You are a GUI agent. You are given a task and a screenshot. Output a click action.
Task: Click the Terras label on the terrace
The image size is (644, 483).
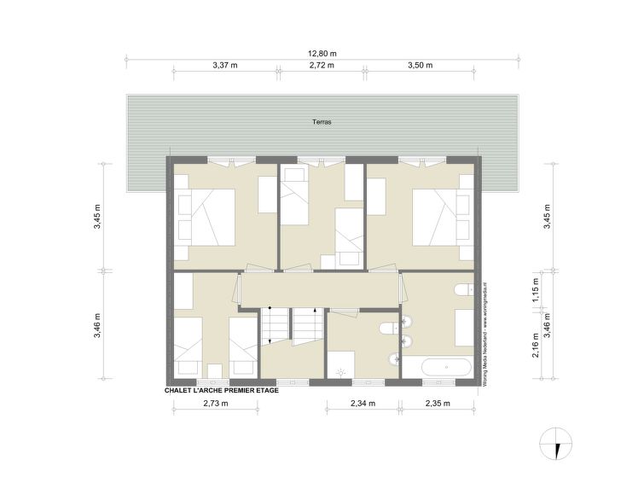322,122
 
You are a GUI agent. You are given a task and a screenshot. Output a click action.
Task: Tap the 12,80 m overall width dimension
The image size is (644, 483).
322,54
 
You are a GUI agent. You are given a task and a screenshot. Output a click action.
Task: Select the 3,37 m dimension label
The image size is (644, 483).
225,65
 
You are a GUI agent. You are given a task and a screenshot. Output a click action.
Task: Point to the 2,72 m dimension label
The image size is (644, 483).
322,65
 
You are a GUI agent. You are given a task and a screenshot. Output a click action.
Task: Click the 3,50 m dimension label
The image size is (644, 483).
421,65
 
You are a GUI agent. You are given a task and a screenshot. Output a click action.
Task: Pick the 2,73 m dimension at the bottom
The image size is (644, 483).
216,404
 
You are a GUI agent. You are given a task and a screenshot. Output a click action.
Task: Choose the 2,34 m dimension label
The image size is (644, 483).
363,404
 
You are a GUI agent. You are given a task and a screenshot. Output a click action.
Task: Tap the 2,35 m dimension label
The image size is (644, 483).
438,404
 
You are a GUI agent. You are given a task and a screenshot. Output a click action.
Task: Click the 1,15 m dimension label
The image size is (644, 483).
536,290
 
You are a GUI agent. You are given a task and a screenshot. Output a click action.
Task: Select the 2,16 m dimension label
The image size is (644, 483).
536,345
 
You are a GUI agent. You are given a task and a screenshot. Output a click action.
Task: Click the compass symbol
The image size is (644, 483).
555,444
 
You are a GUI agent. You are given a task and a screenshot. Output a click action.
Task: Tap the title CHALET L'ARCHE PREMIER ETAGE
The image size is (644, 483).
222,391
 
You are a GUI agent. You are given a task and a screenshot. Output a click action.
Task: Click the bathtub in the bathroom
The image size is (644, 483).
447,367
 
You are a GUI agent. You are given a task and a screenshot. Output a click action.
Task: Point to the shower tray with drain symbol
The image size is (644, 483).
340,364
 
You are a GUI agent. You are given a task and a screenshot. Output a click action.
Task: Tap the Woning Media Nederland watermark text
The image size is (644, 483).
484,333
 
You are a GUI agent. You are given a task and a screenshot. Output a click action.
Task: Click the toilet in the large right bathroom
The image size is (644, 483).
465,289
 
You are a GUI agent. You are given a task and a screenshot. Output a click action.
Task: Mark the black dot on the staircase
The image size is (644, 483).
270,307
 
